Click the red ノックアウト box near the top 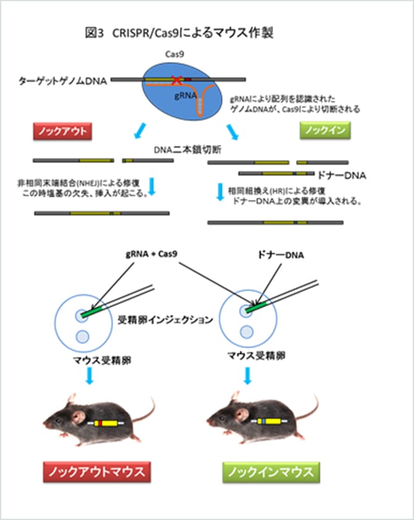click(62, 131)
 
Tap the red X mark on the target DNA click(176, 80)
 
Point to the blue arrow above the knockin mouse click(248, 376)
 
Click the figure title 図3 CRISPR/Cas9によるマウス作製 click(179, 33)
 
